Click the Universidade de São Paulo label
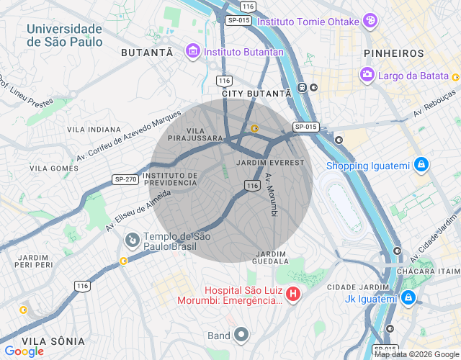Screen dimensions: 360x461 click(x=64, y=35)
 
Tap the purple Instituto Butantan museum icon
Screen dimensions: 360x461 click(x=192, y=52)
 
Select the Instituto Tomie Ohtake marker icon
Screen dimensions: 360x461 click(x=370, y=20)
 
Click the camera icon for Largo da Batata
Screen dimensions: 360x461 click(x=367, y=74)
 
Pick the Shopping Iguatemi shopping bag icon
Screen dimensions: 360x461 click(x=421, y=166)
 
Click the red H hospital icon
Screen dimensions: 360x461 click(x=293, y=294)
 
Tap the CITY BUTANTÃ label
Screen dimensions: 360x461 click(x=256, y=94)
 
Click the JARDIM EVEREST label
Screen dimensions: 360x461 click(x=270, y=163)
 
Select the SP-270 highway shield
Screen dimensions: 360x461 click(x=125, y=179)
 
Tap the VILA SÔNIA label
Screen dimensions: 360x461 click(x=53, y=341)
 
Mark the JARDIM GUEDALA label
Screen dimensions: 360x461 click(x=271, y=258)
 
